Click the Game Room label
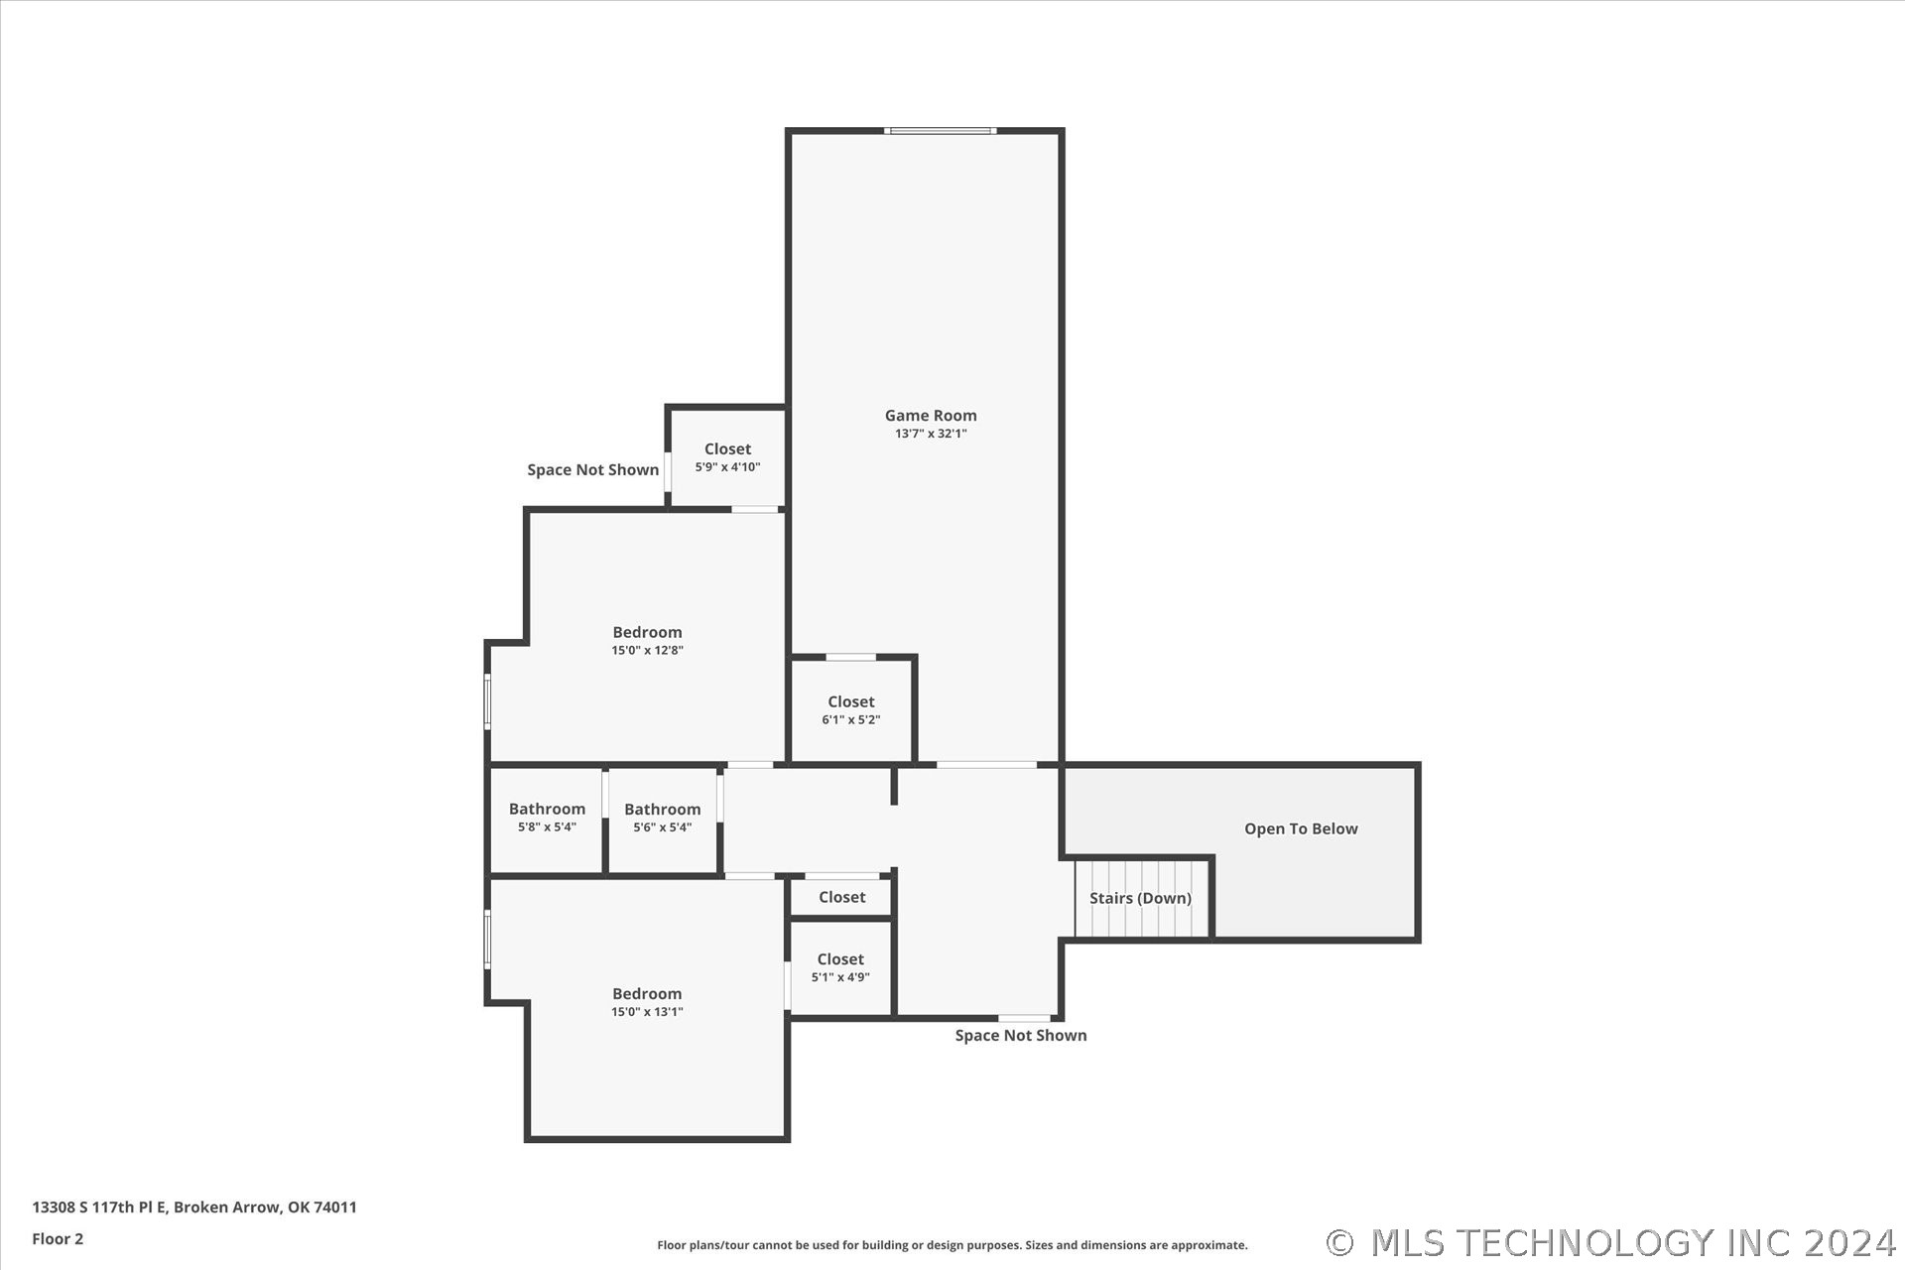[931, 416]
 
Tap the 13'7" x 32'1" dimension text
[931, 434]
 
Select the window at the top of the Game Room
[941, 130]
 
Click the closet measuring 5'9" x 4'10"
[727, 457]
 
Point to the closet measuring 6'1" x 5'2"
[851, 710]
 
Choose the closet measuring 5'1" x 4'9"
[840, 968]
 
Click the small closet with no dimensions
[841, 897]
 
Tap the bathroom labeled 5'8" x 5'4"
[547, 820]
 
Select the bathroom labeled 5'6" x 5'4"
[663, 820]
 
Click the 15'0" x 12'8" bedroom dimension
[647, 651]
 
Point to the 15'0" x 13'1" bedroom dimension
[647, 1012]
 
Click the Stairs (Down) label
[1140, 898]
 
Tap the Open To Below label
[1301, 828]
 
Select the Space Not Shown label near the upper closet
[592, 469]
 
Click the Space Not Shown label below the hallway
[1021, 1035]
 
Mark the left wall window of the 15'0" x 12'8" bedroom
[487, 701]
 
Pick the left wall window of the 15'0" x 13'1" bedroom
[487, 940]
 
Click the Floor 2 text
[58, 1238]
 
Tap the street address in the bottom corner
[194, 1207]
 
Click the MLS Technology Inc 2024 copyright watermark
[1611, 1242]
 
